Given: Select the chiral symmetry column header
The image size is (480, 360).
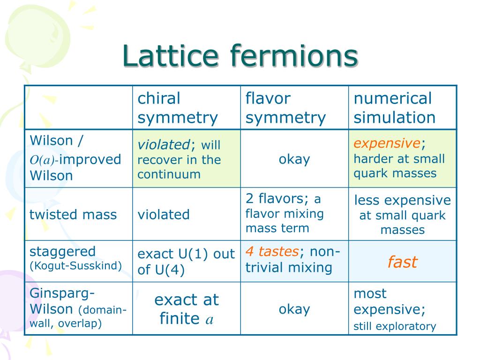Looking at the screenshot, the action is pyautogui.click(x=178, y=108).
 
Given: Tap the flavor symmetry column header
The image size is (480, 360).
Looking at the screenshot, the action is pyautogui.click(x=285, y=108).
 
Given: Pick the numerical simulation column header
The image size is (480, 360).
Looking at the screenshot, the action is pyautogui.click(x=394, y=108).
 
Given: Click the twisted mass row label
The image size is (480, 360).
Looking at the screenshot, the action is pyautogui.click(x=73, y=214).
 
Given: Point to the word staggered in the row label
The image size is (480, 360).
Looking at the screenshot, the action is pyautogui.click(x=62, y=252).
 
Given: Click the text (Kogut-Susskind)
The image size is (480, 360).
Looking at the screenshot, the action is pyautogui.click(x=75, y=265).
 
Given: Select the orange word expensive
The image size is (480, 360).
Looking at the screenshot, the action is pyautogui.click(x=387, y=143).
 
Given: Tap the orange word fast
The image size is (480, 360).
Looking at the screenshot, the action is pyautogui.click(x=402, y=262).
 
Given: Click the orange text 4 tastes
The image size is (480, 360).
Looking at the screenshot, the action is pyautogui.click(x=272, y=251).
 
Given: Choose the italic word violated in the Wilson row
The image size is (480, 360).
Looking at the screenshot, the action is pyautogui.click(x=164, y=144).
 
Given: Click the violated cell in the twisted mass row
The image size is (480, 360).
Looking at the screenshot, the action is pyautogui.click(x=164, y=214).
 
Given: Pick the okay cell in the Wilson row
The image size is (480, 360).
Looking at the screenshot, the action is pyautogui.click(x=294, y=159).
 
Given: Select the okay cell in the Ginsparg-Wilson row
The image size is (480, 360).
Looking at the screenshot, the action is pyautogui.click(x=294, y=309).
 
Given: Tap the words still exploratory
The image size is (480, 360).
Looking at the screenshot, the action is pyautogui.click(x=395, y=326).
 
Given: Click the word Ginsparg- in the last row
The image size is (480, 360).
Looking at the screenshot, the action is pyautogui.click(x=62, y=293).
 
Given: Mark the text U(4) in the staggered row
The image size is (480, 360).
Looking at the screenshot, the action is pyautogui.click(x=170, y=270).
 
